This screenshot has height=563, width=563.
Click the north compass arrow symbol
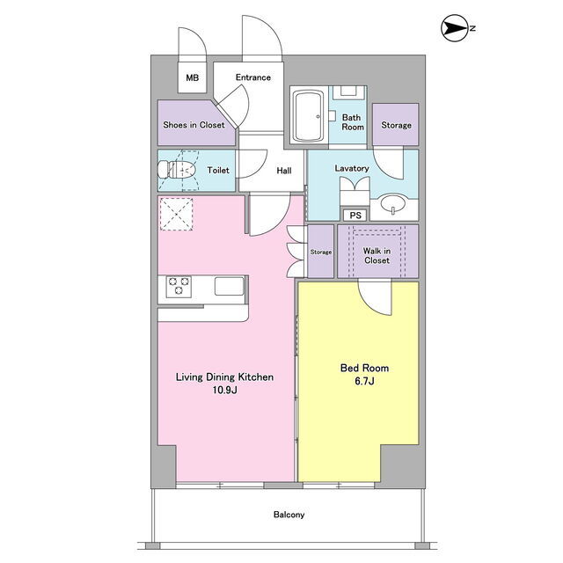click(455, 28)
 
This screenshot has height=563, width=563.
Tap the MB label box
click(193, 77)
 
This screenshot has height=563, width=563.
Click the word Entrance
click(253, 77)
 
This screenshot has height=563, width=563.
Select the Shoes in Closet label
click(194, 125)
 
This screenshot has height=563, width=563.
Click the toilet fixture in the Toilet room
click(177, 170)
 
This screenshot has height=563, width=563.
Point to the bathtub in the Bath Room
click(309, 116)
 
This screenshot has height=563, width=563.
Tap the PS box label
click(355, 215)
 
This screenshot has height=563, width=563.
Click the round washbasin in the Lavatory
click(393, 203)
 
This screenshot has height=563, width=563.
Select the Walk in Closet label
click(377, 256)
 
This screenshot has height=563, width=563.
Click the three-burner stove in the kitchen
click(179, 285)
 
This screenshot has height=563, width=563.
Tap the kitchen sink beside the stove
click(229, 286)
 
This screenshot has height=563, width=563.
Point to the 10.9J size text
click(225, 390)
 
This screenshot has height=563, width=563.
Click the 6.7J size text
click(364, 381)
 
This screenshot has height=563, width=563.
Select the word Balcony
click(289, 515)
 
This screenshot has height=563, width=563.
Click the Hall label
click(284, 171)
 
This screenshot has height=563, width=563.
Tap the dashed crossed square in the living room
click(176, 215)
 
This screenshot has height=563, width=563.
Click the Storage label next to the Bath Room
click(396, 125)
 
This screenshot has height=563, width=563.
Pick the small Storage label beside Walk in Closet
click(320, 252)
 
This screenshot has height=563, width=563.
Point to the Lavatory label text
click(352, 168)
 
